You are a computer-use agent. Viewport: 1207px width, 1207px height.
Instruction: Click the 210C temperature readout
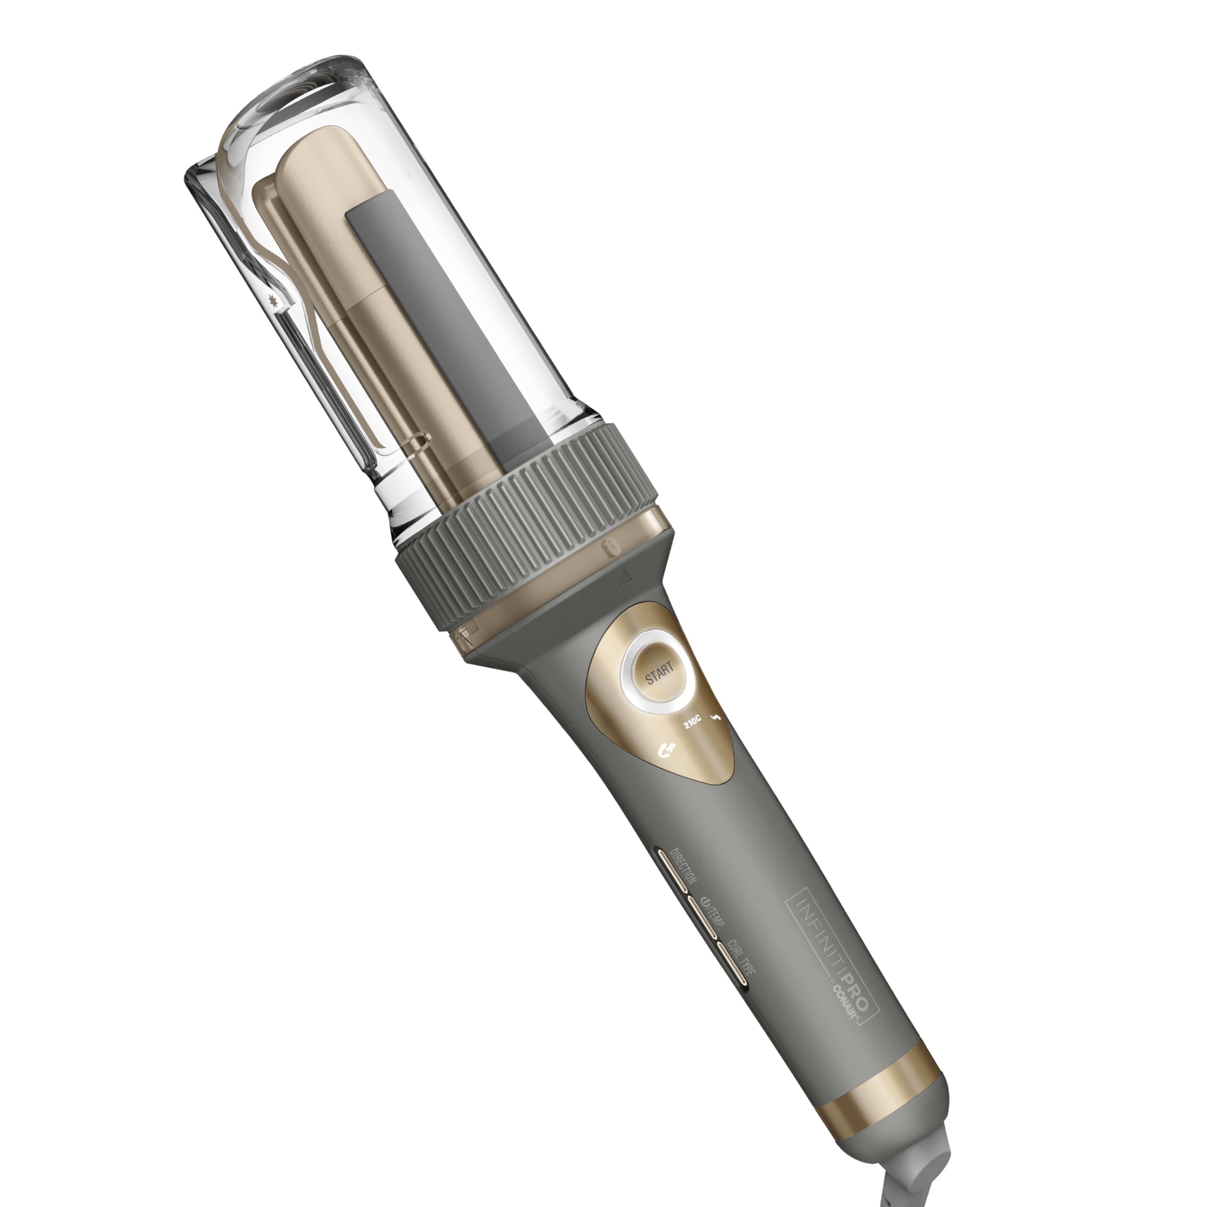pos(692,719)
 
